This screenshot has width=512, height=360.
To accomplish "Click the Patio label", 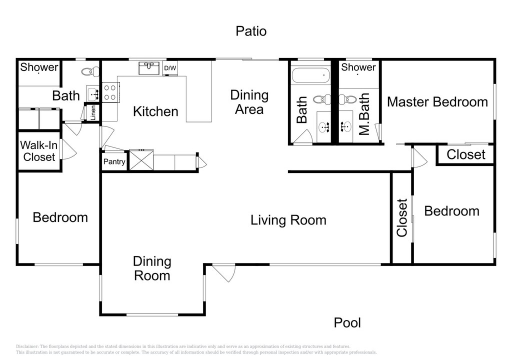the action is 251,31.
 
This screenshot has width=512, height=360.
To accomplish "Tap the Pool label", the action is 347,323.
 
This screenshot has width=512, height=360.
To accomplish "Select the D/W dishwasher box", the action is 170,68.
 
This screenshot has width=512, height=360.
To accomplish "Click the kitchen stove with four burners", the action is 110,92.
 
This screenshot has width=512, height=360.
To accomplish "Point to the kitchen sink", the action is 149,68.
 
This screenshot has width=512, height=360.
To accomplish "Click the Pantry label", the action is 114,161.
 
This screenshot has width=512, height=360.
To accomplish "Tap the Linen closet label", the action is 93,112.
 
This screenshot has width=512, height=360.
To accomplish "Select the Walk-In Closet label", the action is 39,151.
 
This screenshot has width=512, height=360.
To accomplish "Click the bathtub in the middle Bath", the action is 310,75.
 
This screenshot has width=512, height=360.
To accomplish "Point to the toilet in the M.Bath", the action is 347,99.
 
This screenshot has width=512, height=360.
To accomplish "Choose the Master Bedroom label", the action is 437,102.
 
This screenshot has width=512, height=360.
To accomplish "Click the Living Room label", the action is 288,220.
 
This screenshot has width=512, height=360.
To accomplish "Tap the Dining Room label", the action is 152,268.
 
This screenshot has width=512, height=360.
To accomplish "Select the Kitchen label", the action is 155,111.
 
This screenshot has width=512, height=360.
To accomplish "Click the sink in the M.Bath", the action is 346,126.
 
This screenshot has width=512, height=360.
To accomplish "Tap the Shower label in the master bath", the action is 358,67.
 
